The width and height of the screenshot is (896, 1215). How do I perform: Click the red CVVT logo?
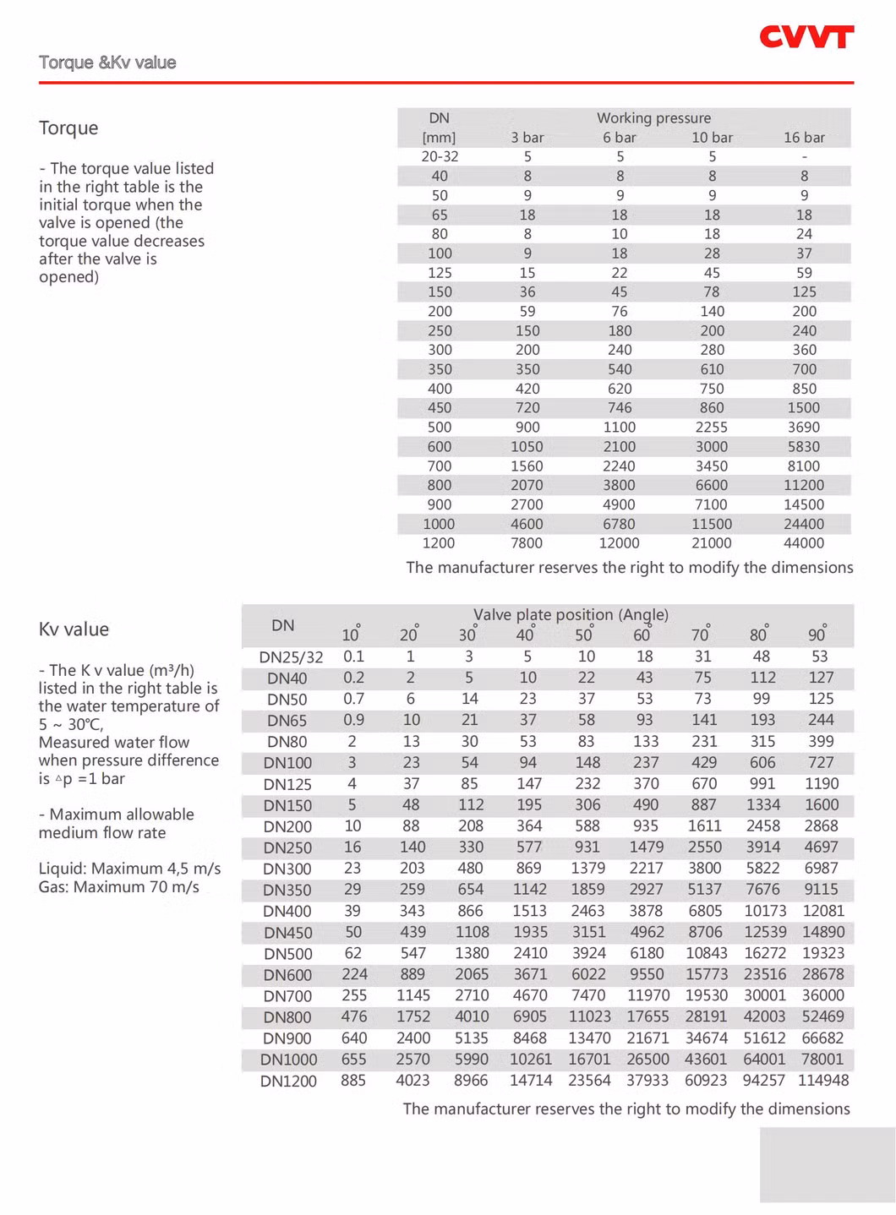click(806, 37)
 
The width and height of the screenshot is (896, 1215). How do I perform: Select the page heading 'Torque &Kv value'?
click(107, 63)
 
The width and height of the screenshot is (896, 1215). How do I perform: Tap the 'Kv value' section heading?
click(74, 629)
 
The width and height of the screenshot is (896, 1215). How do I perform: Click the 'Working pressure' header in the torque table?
click(653, 118)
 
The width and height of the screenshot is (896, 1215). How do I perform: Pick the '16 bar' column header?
click(804, 138)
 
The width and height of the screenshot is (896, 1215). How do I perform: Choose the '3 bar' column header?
click(527, 138)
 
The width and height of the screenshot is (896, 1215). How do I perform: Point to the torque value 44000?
click(804, 543)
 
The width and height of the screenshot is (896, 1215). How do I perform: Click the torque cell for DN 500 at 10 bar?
click(712, 428)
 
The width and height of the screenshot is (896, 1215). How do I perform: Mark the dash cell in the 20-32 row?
click(804, 157)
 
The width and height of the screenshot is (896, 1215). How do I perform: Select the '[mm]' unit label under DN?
click(439, 138)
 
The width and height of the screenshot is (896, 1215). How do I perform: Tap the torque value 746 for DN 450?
click(620, 408)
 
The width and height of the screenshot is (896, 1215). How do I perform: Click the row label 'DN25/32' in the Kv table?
click(291, 657)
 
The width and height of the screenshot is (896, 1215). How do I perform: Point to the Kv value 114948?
click(822, 1081)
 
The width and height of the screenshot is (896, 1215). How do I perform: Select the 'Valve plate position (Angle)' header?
click(571, 615)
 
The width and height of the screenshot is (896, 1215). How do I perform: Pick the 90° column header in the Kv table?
click(817, 635)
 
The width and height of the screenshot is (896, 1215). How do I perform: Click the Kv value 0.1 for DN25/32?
click(353, 657)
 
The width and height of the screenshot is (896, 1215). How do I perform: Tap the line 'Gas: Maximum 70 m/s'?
click(119, 887)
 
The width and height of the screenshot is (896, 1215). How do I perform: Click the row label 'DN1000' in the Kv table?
click(288, 1060)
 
